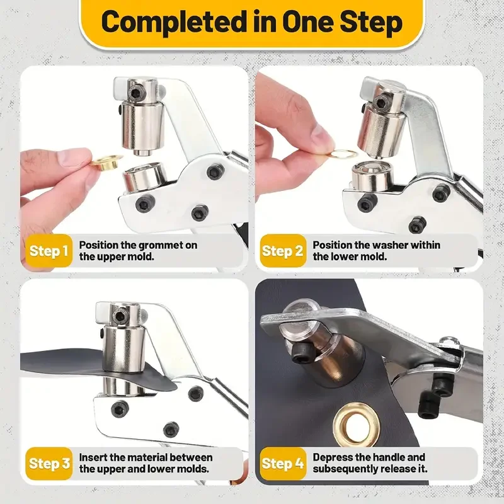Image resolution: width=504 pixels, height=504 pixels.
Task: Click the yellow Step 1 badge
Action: click(x=49, y=251)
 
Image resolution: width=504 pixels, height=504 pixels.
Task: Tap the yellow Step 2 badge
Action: click(x=283, y=251)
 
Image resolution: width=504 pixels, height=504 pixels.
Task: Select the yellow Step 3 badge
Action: click(x=49, y=464)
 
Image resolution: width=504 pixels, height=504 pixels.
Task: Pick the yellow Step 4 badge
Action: click(x=283, y=464)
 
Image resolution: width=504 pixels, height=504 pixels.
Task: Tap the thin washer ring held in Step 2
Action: click(x=344, y=153)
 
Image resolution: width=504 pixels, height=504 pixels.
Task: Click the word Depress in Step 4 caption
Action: click(x=333, y=457)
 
